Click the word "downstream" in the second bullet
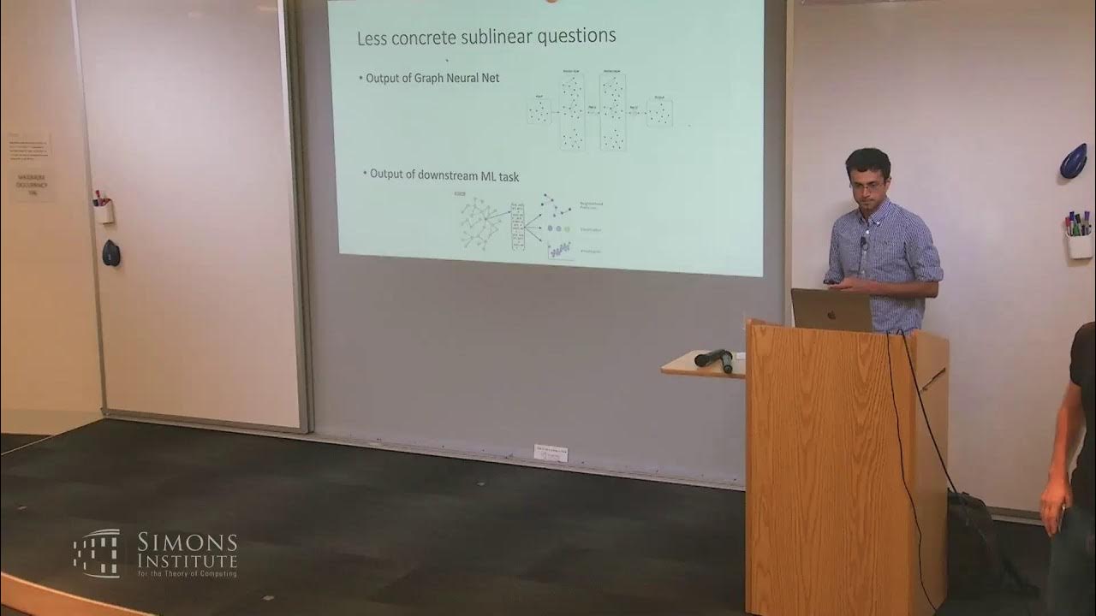[x=451, y=175]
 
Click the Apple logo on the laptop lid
[x=830, y=312]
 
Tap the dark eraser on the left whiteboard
[x=110, y=252]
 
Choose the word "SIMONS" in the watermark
[x=187, y=542]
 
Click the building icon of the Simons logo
[x=96, y=553]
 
